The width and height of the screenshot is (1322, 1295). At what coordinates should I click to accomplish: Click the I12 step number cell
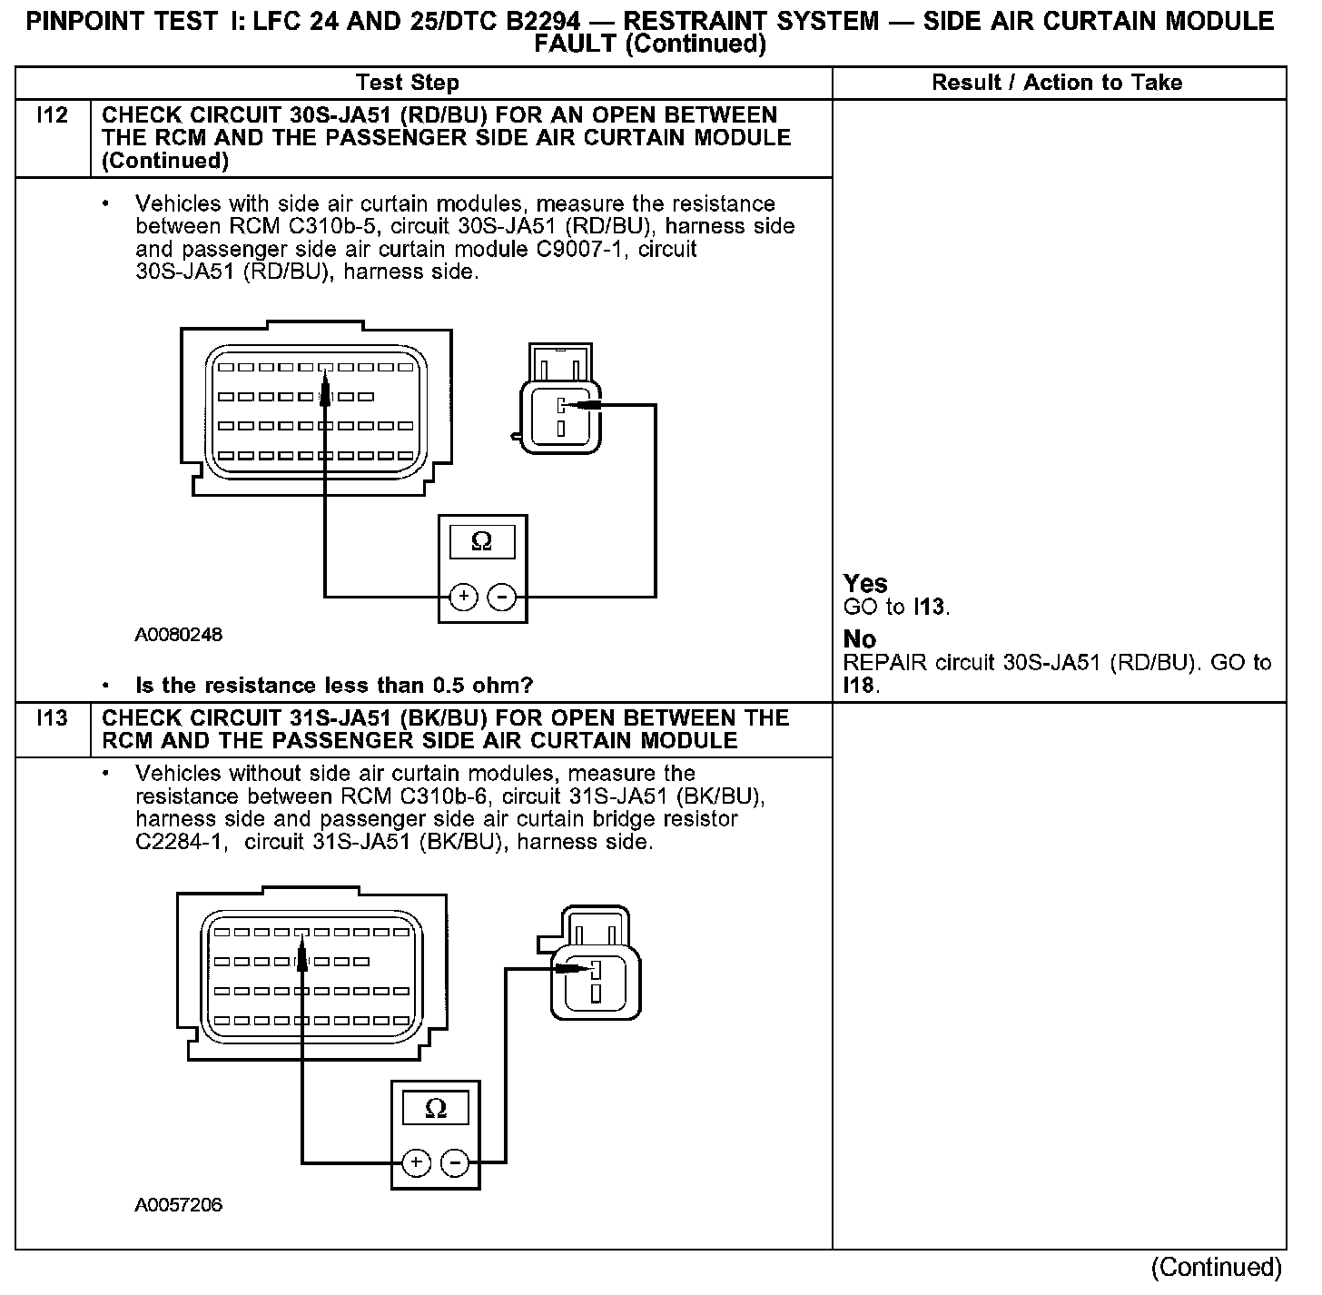[52, 116]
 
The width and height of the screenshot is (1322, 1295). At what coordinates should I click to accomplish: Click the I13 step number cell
[52, 718]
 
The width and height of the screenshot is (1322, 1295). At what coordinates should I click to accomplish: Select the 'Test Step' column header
[408, 83]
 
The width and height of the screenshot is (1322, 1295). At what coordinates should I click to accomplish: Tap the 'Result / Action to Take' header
[1057, 83]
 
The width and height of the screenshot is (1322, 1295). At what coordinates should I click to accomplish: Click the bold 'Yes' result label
[865, 583]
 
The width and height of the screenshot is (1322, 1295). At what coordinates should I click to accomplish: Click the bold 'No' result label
[859, 639]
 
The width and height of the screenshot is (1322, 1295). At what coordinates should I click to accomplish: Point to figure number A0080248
[179, 635]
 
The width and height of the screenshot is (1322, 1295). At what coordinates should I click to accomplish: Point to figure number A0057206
[179, 1205]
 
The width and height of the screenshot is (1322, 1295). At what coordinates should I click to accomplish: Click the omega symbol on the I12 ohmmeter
[482, 542]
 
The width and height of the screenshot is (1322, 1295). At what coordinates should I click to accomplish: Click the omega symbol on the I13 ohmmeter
[436, 1109]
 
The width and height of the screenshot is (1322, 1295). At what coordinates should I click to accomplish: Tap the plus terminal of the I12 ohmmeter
[464, 597]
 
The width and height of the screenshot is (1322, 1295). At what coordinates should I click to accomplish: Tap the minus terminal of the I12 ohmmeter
[502, 597]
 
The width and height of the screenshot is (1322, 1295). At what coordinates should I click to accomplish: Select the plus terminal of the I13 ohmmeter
[416, 1162]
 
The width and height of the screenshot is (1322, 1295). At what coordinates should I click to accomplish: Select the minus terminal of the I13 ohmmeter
[455, 1162]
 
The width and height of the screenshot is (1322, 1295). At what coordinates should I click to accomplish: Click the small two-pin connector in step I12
[560, 400]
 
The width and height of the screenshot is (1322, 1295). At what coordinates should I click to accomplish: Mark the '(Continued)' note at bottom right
[1216, 1267]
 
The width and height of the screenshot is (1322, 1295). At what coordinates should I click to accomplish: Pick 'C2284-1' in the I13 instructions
[177, 842]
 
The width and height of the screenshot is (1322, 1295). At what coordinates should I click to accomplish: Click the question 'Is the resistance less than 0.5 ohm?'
[334, 685]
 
